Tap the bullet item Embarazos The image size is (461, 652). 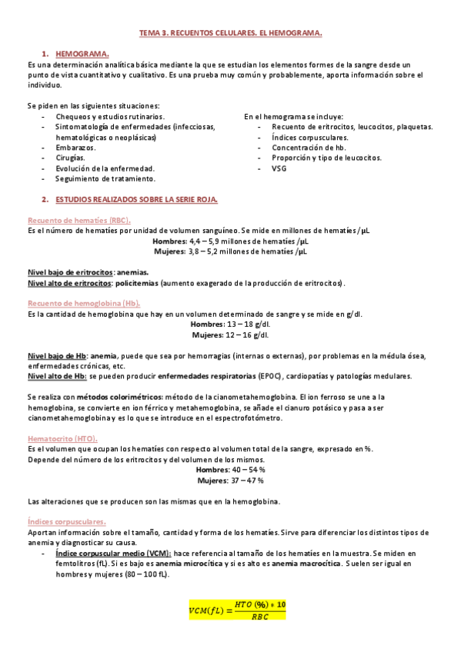(x=75, y=147)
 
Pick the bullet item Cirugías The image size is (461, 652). (x=70, y=157)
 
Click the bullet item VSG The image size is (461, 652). (x=279, y=168)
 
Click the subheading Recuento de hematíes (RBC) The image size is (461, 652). (x=68, y=220)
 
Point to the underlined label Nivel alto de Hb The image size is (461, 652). (x=56, y=376)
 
